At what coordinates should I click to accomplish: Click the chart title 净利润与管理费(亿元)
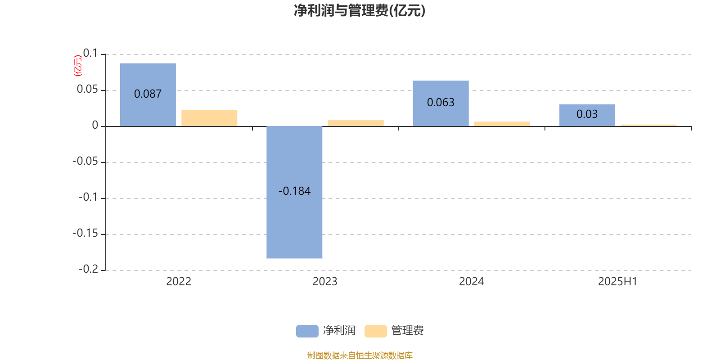pyautogui.click(x=360, y=11)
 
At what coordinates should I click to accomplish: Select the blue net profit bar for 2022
pyautogui.click(x=148, y=95)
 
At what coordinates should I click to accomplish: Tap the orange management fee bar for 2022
pyautogui.click(x=209, y=118)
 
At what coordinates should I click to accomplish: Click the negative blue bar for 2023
pyautogui.click(x=294, y=192)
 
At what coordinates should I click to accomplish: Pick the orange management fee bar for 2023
pyautogui.click(x=356, y=123)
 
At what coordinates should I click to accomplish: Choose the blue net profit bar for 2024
pyautogui.click(x=441, y=103)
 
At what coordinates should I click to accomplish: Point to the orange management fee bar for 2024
pyautogui.click(x=502, y=124)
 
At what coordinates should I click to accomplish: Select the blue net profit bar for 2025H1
pyautogui.click(x=587, y=115)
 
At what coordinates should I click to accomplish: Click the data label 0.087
pyautogui.click(x=148, y=94)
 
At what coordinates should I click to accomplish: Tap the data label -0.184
pyautogui.click(x=294, y=191)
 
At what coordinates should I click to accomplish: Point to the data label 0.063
pyautogui.click(x=441, y=103)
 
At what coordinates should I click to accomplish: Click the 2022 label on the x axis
pyautogui.click(x=179, y=282)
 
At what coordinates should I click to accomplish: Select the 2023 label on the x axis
pyautogui.click(x=325, y=282)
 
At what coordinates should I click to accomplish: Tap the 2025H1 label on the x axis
pyautogui.click(x=618, y=282)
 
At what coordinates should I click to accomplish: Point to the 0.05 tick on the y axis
pyautogui.click(x=87, y=90)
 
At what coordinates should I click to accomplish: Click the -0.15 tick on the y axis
pyautogui.click(x=85, y=234)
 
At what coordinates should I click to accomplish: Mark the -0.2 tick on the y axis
pyautogui.click(x=88, y=270)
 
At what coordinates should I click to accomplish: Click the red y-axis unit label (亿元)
pyautogui.click(x=78, y=66)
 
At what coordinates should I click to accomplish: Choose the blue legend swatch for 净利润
pyautogui.click(x=307, y=331)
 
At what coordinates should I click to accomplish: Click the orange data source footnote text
pyautogui.click(x=360, y=355)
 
